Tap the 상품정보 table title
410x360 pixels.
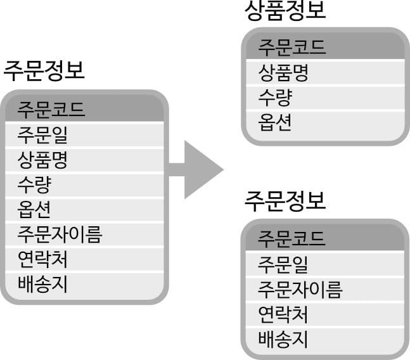point(285,11)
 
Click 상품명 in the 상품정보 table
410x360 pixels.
point(283,72)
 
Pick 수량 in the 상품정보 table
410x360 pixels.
point(275,97)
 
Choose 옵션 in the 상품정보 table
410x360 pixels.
point(275,122)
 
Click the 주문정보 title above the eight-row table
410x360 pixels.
point(44,70)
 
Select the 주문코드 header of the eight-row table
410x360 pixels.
point(51,110)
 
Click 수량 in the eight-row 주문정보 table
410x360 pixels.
point(34,184)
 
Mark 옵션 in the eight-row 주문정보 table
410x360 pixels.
point(34,209)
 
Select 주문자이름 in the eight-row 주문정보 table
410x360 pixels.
point(60,235)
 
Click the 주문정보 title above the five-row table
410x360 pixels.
point(285,201)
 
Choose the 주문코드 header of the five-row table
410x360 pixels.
point(291,239)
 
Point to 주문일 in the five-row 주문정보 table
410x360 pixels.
point(283,264)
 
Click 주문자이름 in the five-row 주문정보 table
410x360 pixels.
point(300,289)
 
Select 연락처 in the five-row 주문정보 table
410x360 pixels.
point(283,314)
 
